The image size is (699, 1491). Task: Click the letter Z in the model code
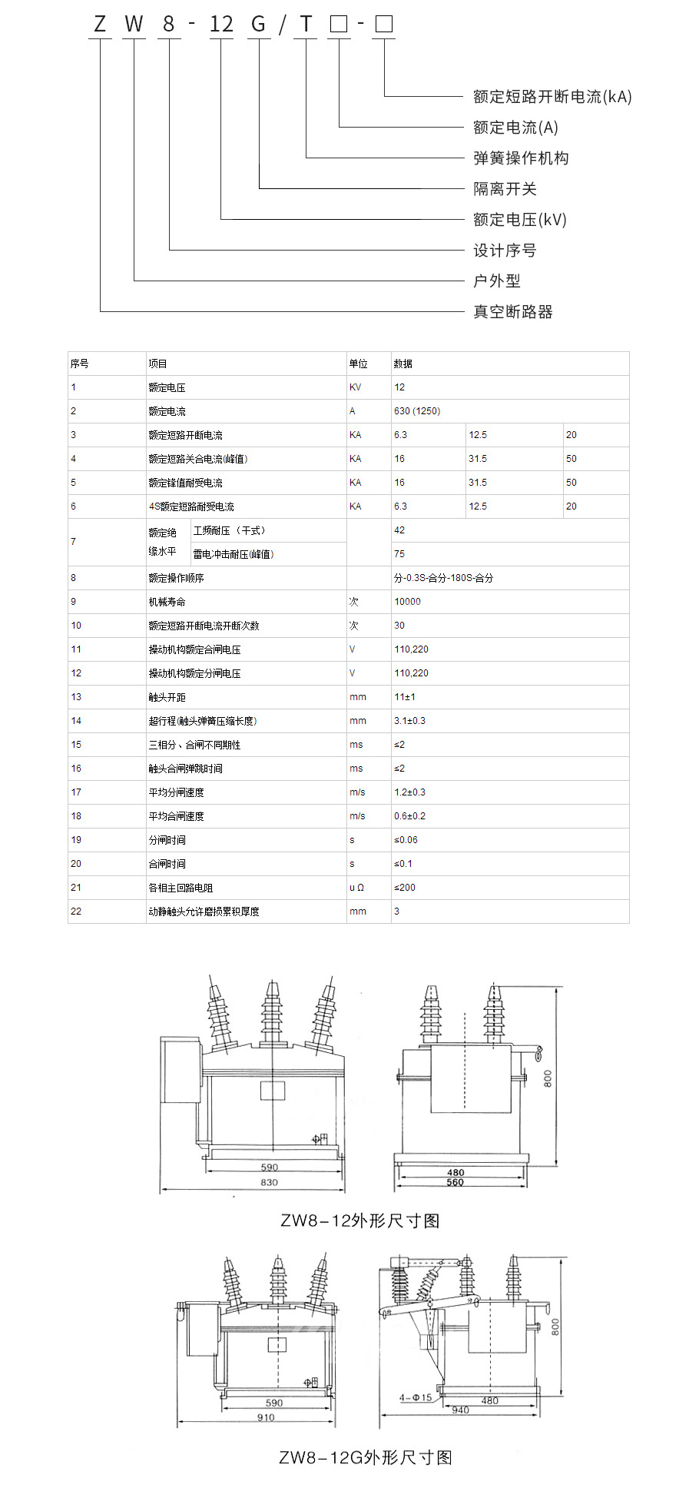point(100,25)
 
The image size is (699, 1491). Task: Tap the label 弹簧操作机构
point(521,158)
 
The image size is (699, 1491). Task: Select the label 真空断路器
point(513,312)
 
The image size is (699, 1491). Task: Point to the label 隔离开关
point(505,189)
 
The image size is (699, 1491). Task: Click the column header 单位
point(358,364)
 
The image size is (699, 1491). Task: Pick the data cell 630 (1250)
point(417,411)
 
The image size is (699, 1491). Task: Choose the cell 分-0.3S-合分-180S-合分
point(443,578)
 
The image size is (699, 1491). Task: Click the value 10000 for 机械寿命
point(407,602)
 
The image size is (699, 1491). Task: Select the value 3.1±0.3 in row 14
point(409,721)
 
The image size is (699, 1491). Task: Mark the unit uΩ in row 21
point(356,888)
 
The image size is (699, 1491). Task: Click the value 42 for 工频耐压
point(399,530)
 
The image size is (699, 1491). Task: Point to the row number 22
point(76,912)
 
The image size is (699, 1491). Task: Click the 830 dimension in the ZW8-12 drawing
point(269,1182)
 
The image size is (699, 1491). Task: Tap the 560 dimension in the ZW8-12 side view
point(456,1182)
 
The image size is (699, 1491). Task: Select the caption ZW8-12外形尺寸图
point(359,1220)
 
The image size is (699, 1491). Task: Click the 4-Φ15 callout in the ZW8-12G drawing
point(416,1397)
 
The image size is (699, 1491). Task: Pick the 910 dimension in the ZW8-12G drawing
point(266,1417)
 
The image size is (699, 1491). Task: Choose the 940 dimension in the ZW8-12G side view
point(460,1410)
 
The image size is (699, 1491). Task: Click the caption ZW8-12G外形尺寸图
point(365,1457)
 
